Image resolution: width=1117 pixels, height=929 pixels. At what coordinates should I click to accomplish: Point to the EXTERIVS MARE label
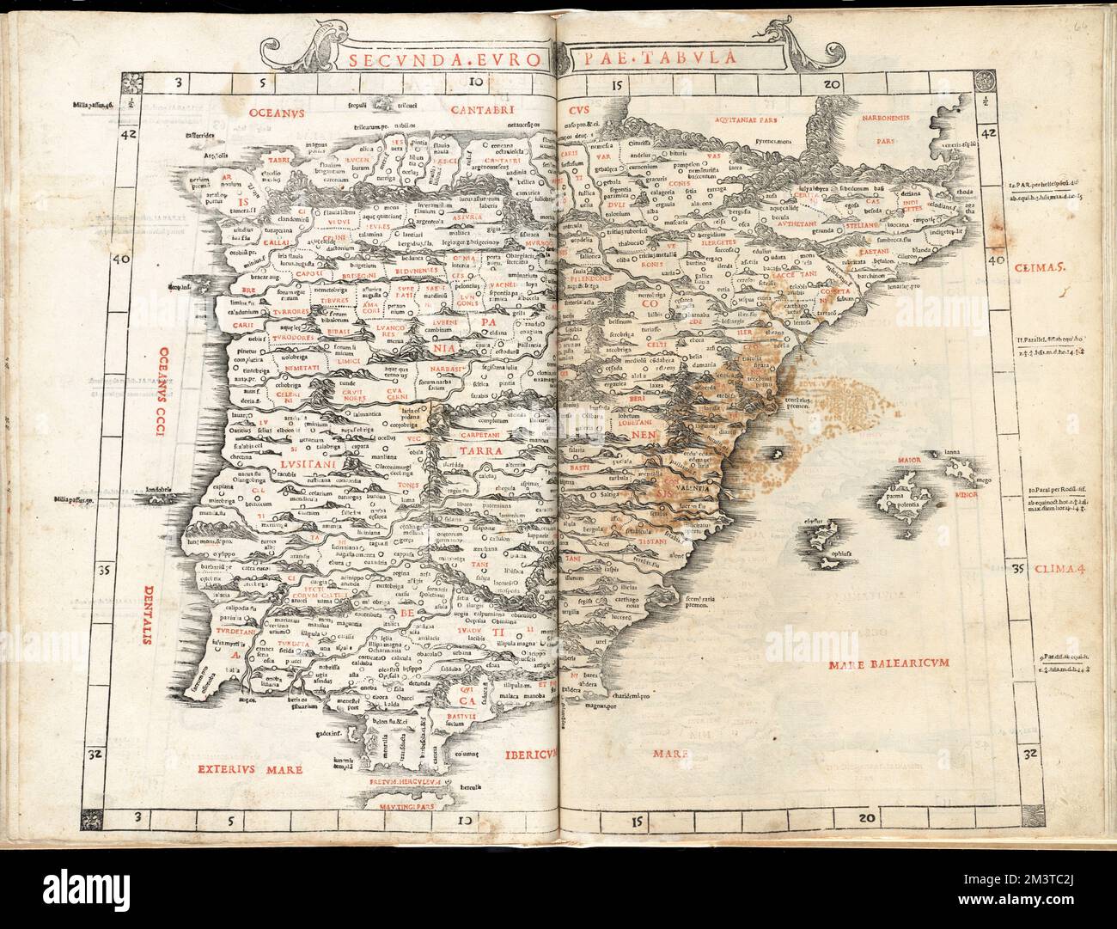point(248,770)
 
